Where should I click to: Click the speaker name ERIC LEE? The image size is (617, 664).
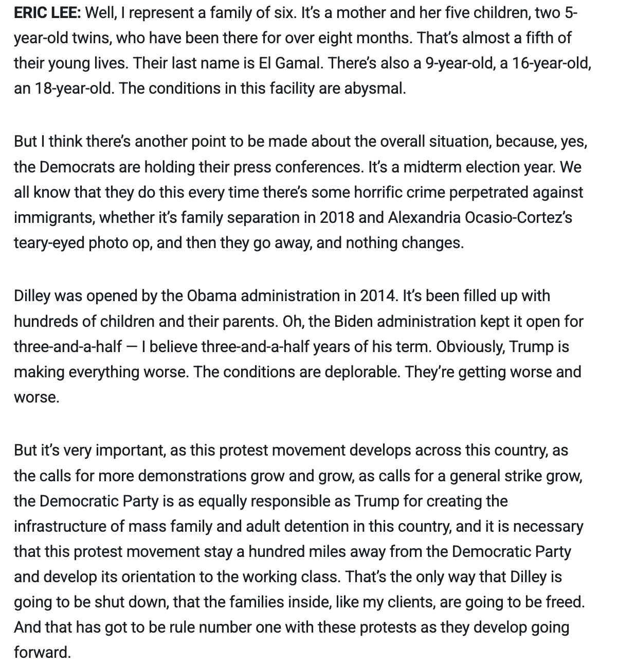(47, 13)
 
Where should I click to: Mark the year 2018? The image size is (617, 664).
(337, 217)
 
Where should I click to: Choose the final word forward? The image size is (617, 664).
(41, 653)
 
